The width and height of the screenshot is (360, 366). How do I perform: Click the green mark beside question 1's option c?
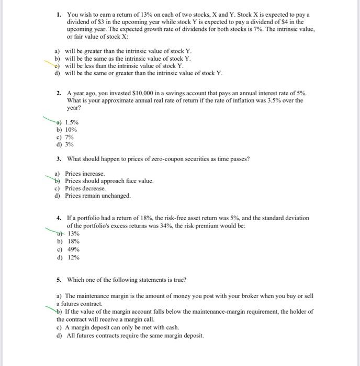[54, 66]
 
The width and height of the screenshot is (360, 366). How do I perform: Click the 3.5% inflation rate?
[274, 100]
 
